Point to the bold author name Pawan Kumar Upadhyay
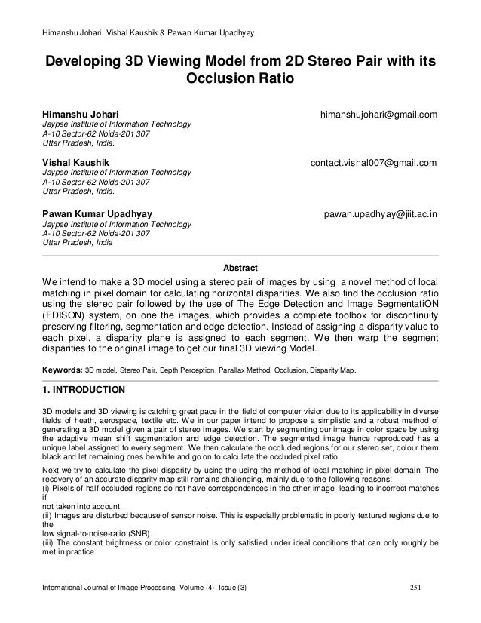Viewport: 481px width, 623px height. click(x=97, y=213)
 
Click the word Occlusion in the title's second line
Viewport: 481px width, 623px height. click(x=210, y=78)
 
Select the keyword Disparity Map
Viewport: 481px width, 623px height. click(x=336, y=371)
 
